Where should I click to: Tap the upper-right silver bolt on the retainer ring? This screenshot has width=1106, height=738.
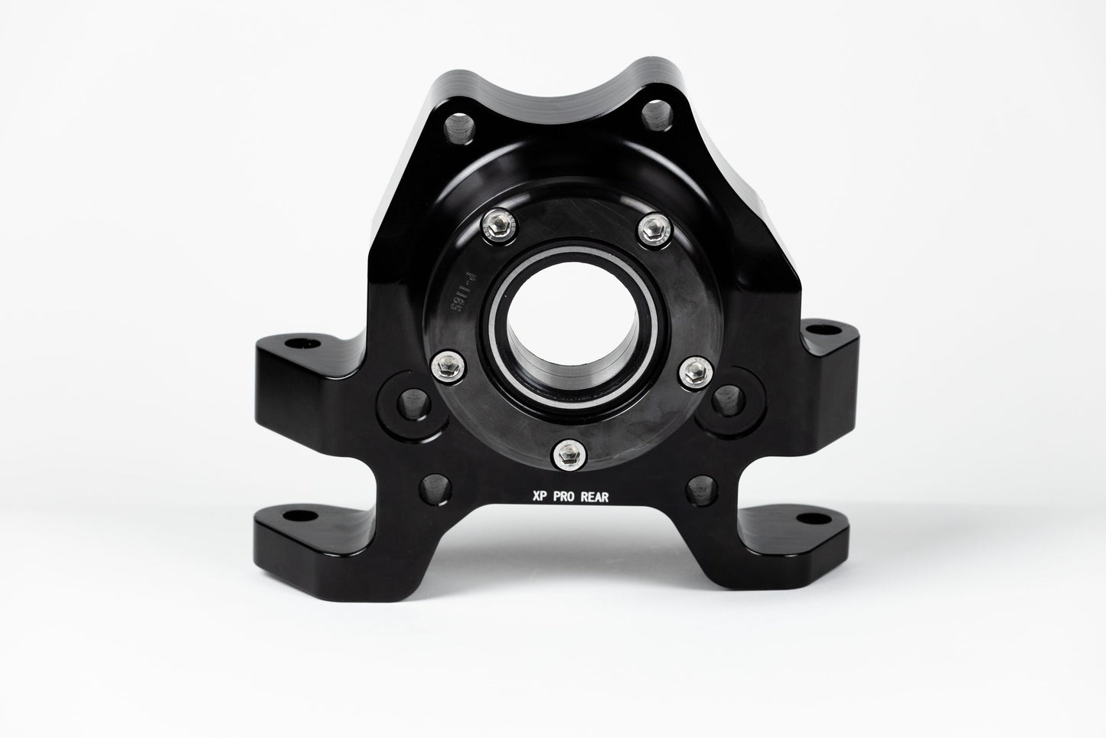(653, 226)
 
